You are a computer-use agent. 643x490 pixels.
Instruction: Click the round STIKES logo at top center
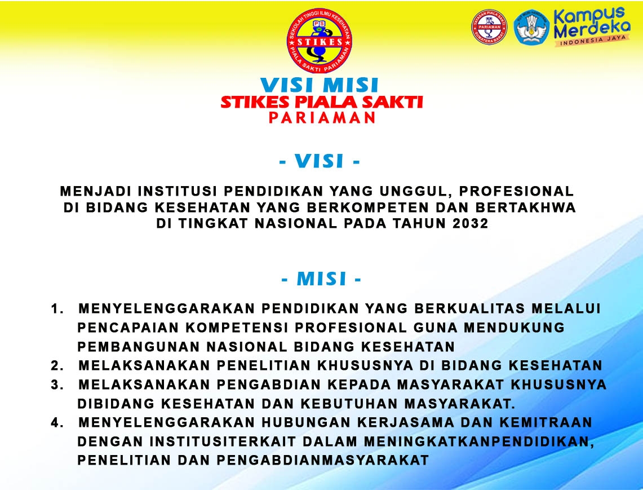(320, 41)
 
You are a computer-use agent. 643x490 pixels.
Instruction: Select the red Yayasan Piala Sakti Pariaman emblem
(489, 27)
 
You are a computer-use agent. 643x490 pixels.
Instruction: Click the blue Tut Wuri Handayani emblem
(531, 28)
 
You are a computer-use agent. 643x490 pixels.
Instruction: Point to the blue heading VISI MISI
(320, 85)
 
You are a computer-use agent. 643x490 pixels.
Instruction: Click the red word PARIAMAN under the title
(322, 118)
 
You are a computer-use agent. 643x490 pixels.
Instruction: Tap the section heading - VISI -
(320, 161)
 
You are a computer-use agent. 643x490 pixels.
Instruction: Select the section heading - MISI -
(321, 279)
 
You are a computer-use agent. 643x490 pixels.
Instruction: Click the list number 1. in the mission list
(57, 308)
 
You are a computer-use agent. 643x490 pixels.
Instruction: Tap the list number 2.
(57, 365)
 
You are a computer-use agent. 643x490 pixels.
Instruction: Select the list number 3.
(57, 385)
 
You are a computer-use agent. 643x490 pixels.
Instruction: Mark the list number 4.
(57, 422)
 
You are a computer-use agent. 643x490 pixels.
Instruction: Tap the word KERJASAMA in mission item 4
(406, 422)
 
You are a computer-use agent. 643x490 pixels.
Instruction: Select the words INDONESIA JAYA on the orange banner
(593, 40)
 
